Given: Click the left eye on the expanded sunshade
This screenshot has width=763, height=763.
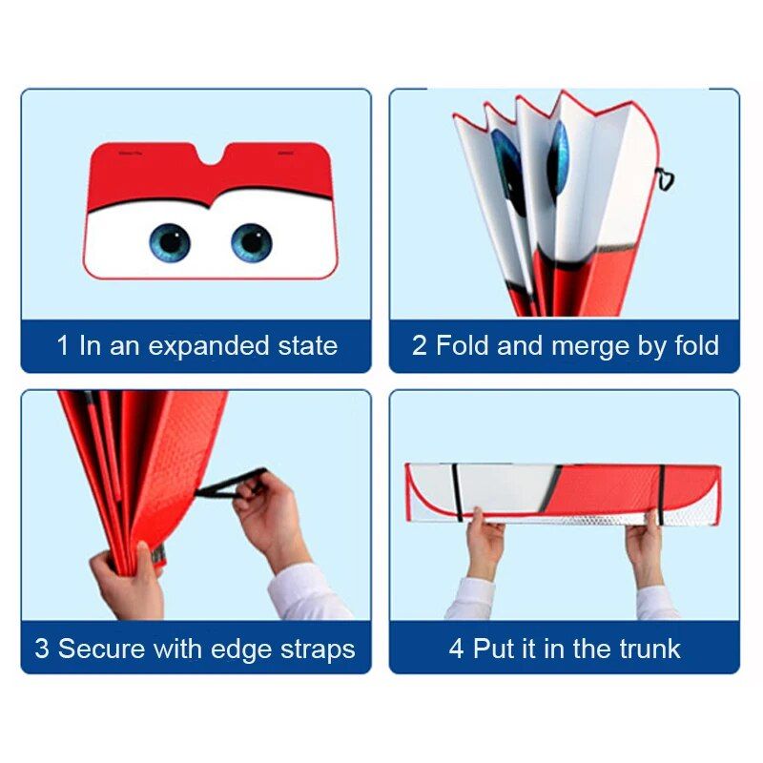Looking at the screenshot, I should click(169, 242).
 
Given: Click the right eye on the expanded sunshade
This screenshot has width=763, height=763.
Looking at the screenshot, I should click(252, 242).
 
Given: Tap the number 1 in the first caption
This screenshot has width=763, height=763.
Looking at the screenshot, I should click(63, 345).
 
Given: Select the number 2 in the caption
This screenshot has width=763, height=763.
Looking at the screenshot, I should click(420, 345).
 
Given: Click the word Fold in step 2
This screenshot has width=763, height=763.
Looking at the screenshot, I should click(463, 345).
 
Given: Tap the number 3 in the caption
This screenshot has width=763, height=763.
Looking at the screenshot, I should click(42, 650).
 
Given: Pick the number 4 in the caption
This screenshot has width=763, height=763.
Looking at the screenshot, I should click(457, 650).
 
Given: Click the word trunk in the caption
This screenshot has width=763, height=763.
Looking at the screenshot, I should click(649, 650).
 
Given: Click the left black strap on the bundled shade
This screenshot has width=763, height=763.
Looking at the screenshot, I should click(458, 492).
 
